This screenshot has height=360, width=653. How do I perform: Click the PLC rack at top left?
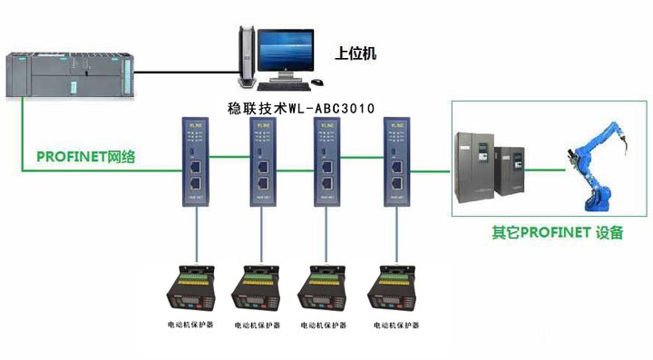69,73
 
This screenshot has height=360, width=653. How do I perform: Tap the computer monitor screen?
285,52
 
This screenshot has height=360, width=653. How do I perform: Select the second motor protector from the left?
258,289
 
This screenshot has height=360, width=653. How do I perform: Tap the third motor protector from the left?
326,289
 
